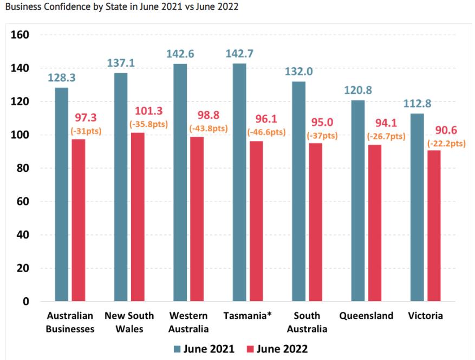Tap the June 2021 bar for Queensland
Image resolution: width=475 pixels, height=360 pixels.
[358, 201]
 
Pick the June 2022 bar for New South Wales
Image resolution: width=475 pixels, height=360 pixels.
[137, 217]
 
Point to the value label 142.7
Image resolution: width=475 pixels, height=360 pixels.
[239, 54]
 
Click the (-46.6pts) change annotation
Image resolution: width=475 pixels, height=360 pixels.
[265, 132]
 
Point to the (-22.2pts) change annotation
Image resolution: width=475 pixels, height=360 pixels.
[446, 143]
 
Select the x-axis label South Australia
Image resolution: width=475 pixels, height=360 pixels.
[307, 322]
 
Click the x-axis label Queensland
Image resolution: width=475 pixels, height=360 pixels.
[366, 316]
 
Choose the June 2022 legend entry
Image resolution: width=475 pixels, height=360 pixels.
[277, 348]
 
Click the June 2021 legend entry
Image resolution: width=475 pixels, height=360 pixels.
[204, 348]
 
